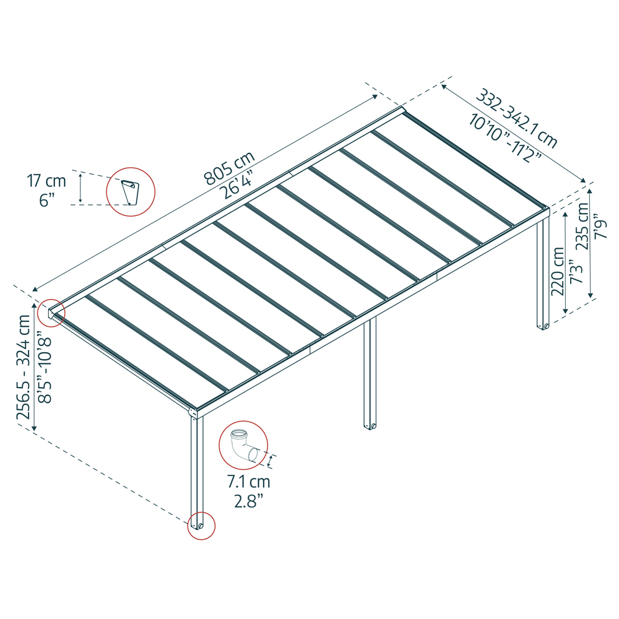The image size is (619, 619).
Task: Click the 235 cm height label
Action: coord(582,226)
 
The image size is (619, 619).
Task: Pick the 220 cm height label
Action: coord(558,272)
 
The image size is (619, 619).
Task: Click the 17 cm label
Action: coord(46,181)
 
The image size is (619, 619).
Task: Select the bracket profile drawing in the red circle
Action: coord(130,191)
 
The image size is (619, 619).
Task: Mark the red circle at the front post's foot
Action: coord(201,526)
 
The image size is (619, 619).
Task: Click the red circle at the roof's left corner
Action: coord(51,313)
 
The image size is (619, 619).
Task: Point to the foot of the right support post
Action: coord(542,326)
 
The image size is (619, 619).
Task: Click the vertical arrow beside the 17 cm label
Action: coord(80,188)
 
